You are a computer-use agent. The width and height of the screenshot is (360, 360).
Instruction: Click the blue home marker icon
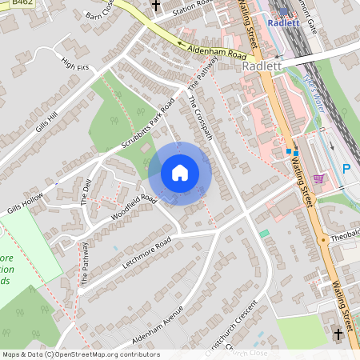pos(180,173)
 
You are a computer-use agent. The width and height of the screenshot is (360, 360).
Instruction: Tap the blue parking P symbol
pos(346,169)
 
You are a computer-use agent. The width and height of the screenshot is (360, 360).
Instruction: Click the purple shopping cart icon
pos(318,178)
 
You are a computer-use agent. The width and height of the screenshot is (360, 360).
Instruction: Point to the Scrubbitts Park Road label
pos(148,126)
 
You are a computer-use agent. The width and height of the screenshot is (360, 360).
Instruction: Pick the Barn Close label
pos(99,15)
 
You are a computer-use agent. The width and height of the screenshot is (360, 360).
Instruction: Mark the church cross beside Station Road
pos(156,6)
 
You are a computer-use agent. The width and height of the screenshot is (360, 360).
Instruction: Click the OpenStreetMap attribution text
pos(80,354)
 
